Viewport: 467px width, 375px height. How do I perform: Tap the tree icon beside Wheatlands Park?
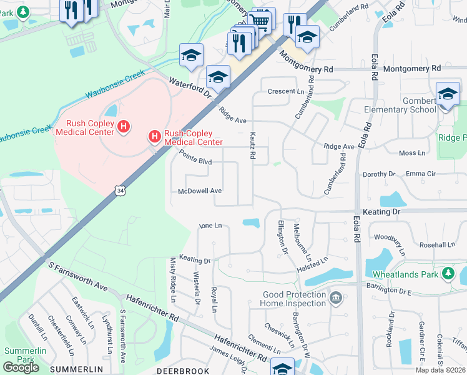(x=448, y=273)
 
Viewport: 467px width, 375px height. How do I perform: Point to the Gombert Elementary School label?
(x=400, y=105)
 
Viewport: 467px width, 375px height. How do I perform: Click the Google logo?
(x=21, y=367)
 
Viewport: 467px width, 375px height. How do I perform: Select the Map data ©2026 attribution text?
(x=441, y=370)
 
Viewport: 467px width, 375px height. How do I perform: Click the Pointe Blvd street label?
(x=195, y=157)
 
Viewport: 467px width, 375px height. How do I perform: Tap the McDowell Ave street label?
(x=200, y=191)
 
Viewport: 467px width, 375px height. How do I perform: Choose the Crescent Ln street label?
(x=281, y=91)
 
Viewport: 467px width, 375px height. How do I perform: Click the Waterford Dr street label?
(x=191, y=87)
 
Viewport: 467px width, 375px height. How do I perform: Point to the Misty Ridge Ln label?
(x=174, y=280)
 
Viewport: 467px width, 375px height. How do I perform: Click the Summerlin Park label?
(x=25, y=354)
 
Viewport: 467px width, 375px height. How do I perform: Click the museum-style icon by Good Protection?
(x=336, y=297)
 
